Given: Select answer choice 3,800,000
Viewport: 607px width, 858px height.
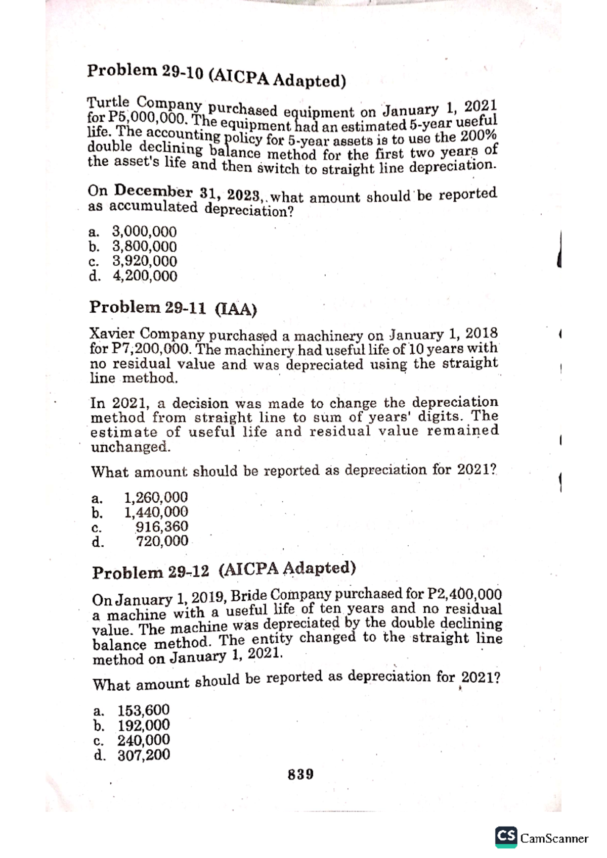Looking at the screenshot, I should [144, 247].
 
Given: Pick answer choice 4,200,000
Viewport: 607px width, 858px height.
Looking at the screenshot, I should [144, 276].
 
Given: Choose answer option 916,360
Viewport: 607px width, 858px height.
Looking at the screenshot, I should [162, 527].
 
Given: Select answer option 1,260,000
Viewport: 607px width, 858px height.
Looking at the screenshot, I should [156, 497].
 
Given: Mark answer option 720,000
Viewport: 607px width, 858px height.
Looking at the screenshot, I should [162, 542].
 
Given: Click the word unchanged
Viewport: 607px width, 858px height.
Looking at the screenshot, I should [130, 447].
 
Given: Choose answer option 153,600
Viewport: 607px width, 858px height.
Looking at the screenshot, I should [144, 710].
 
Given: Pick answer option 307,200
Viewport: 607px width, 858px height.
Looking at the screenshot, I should [144, 755].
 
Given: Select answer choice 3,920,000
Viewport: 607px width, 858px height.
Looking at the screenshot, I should [144, 261].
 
